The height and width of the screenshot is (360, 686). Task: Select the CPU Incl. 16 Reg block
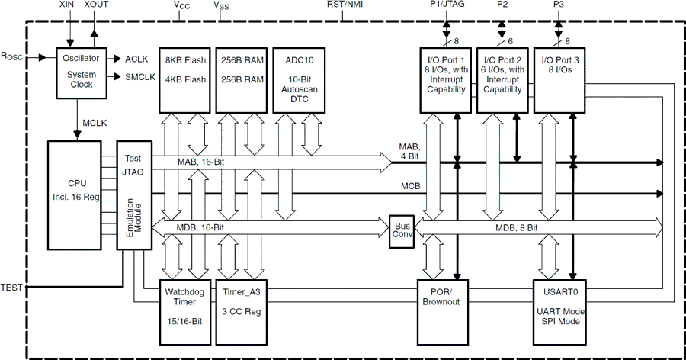(77, 194)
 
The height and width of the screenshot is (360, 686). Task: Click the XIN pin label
(68, 5)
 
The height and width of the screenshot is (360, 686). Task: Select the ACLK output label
(136, 59)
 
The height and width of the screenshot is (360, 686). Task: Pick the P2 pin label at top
(502, 5)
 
